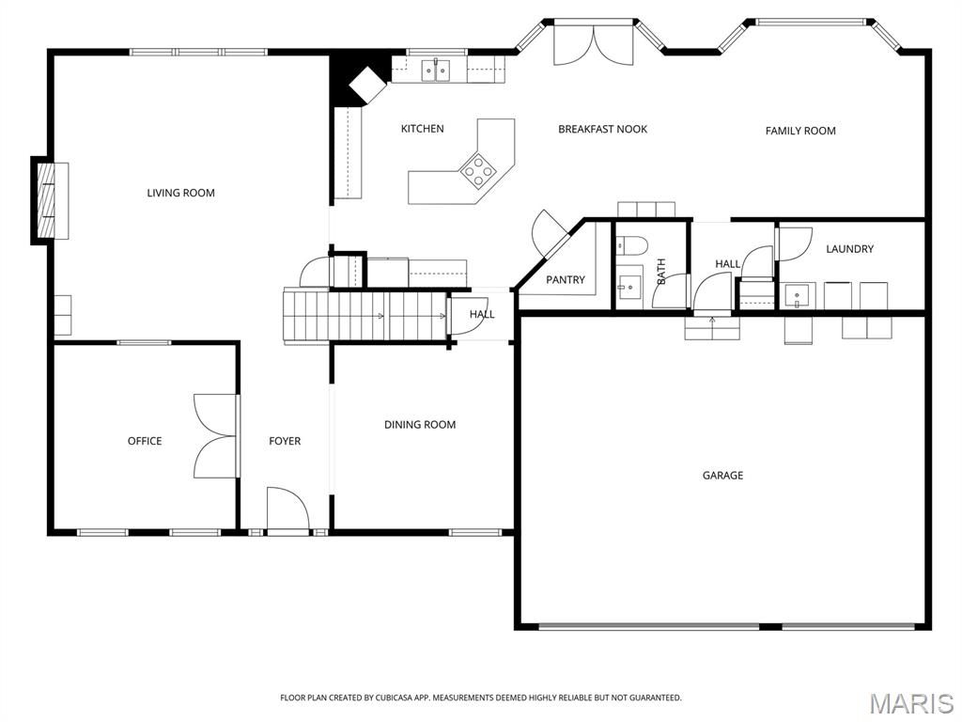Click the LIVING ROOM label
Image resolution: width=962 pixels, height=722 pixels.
click(x=180, y=193)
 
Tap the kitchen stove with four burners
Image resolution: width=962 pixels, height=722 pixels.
click(x=478, y=170)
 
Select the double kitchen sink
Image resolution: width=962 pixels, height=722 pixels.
click(x=435, y=70)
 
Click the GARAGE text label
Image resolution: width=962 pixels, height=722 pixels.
click(x=722, y=476)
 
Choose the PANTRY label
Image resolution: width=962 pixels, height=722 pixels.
click(x=566, y=280)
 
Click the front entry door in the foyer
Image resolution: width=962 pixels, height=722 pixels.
click(x=287, y=511)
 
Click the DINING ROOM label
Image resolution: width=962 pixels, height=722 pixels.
click(x=420, y=425)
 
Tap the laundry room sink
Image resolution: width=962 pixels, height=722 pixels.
click(x=799, y=296)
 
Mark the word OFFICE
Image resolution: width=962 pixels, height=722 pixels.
click(x=145, y=441)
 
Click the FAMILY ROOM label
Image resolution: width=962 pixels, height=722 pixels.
click(x=800, y=131)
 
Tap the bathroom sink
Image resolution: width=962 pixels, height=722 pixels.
click(x=628, y=286)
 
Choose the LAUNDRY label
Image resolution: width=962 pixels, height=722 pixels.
click(x=849, y=249)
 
